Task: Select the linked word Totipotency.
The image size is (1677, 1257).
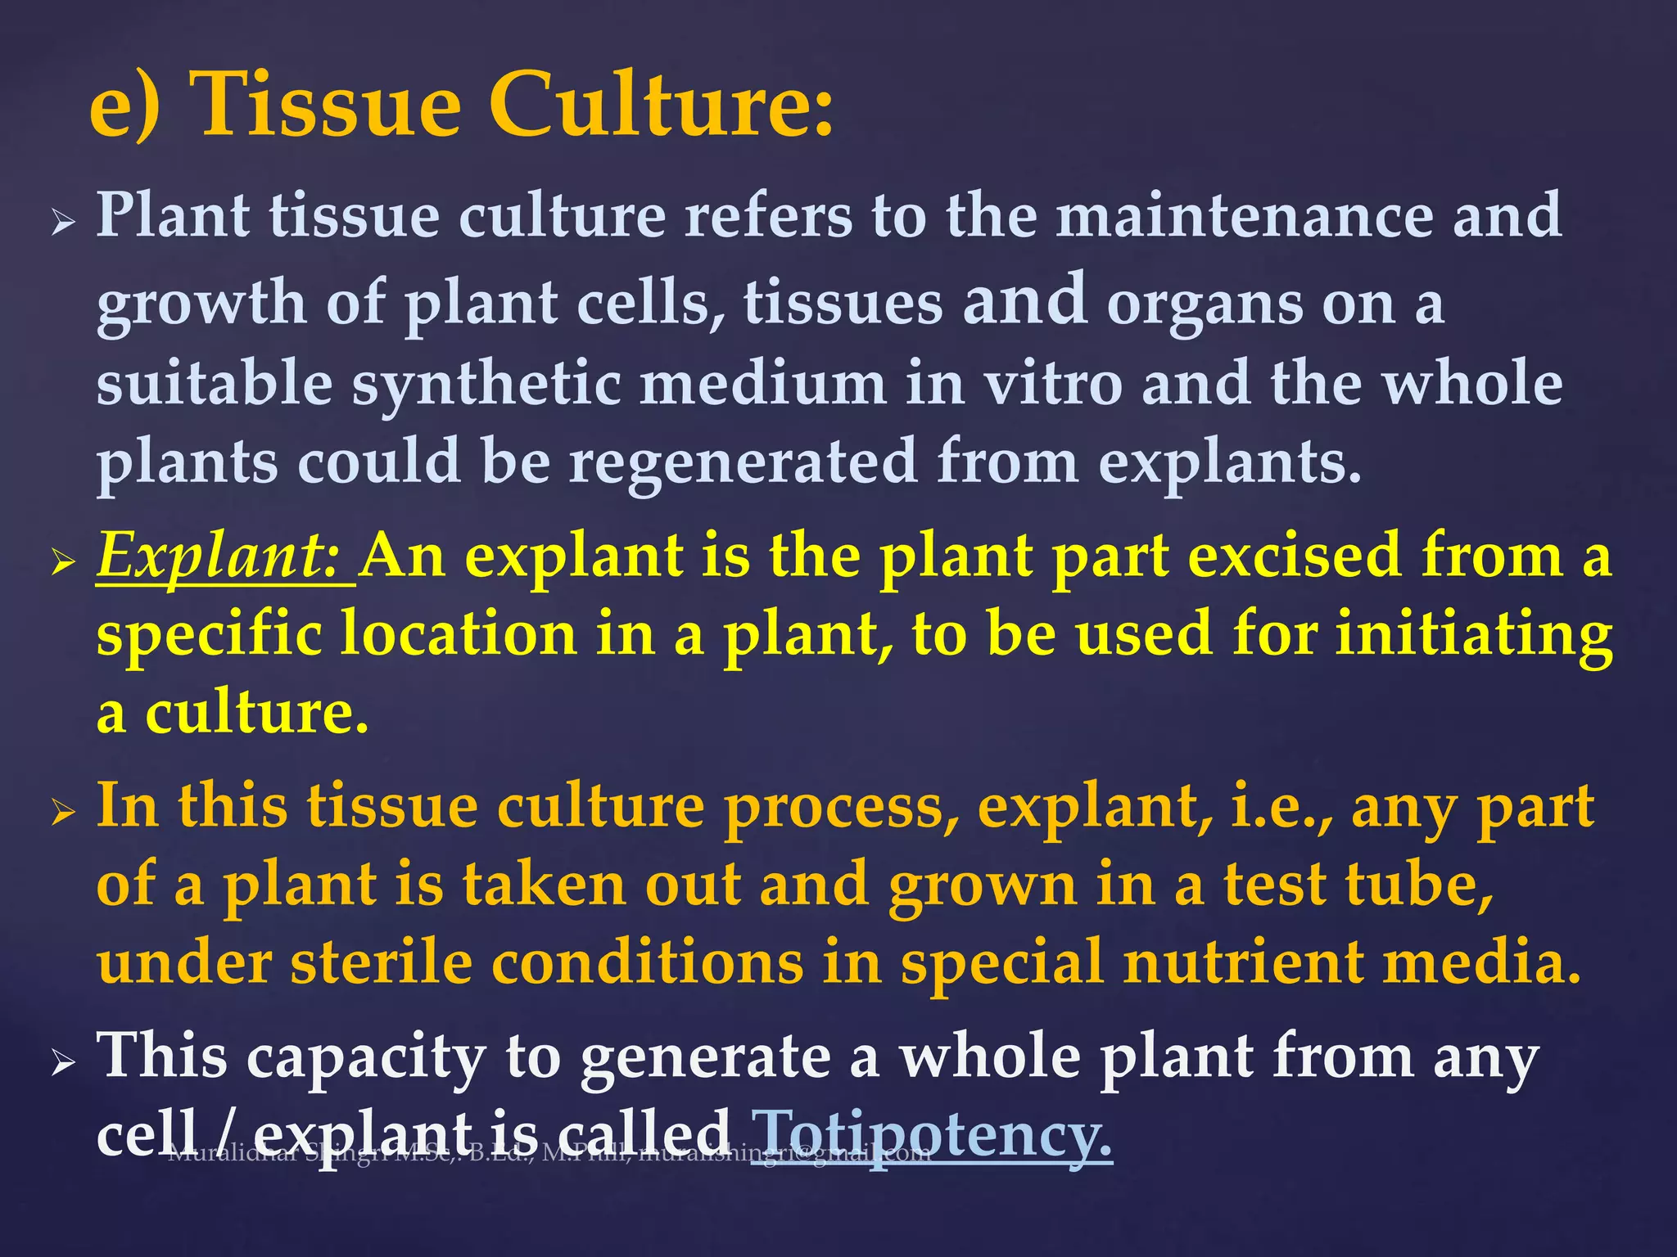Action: click(x=933, y=1133)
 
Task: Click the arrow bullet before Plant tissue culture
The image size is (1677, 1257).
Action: click(x=63, y=222)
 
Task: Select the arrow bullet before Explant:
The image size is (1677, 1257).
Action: click(x=63, y=562)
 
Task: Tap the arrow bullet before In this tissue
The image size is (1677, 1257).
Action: click(x=63, y=813)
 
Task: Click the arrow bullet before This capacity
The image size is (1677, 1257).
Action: click(x=63, y=1063)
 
